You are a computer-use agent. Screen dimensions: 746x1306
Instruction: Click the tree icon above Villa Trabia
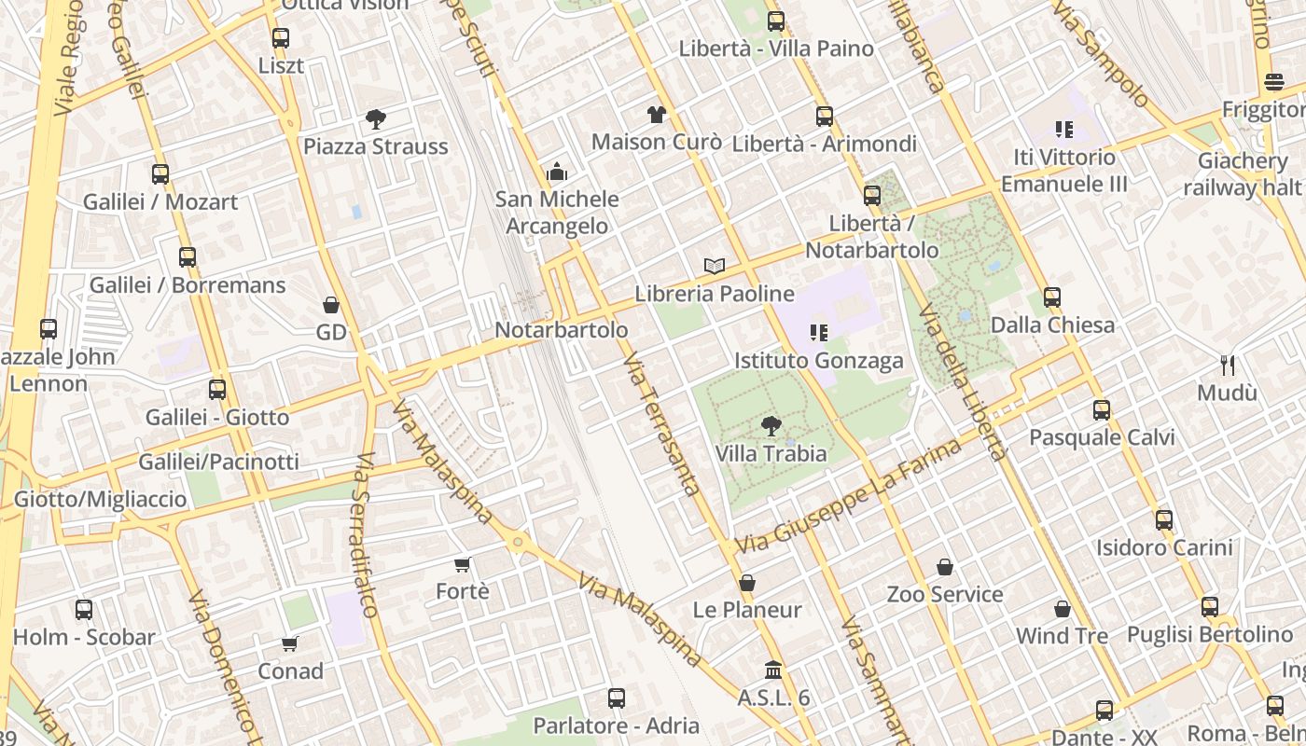coord(771,427)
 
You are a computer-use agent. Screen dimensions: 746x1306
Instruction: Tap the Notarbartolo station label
coord(561,330)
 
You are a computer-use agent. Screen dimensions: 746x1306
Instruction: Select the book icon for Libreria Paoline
coord(715,267)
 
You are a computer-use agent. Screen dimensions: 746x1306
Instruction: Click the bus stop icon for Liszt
coord(281,38)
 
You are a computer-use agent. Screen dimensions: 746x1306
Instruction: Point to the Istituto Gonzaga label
coord(818,360)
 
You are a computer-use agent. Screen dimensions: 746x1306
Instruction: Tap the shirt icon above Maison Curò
coord(657,115)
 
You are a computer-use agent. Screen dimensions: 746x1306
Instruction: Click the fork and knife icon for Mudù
coord(1228,366)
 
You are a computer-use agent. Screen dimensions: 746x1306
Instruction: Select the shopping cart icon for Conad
coord(290,643)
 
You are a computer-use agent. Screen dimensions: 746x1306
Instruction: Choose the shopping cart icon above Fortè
coord(462,564)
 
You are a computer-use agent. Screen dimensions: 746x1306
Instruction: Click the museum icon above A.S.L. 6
coord(773,670)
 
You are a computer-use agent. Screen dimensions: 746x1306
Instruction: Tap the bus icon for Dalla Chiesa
coord(1052,297)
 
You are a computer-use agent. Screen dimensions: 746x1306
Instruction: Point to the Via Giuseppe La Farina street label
coord(848,496)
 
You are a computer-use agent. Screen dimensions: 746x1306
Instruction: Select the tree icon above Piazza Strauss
coord(376,119)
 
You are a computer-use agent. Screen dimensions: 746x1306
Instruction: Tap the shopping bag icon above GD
coord(331,305)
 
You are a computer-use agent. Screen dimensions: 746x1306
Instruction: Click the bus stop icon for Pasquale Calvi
coord(1102,410)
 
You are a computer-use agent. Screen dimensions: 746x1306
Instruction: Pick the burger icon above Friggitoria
coord(1274,82)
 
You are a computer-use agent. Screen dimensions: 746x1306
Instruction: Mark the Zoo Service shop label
coord(944,594)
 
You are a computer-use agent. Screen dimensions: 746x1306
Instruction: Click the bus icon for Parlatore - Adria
coord(616,698)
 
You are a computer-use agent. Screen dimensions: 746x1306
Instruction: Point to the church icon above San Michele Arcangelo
coord(557,172)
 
